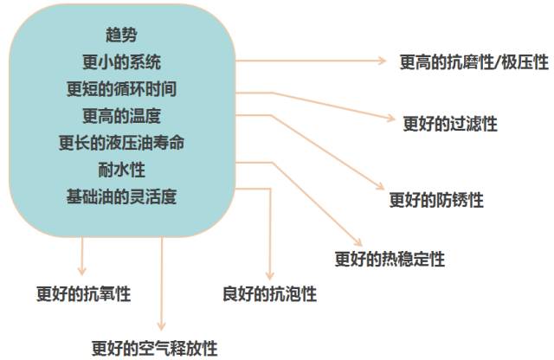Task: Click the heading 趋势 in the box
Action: (120, 35)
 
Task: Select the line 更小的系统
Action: (120, 62)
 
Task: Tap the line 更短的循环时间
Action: (120, 89)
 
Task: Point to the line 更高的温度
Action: (120, 116)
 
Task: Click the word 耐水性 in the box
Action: (120, 170)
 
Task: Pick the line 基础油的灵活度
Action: (120, 196)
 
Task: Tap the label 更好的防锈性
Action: (436, 200)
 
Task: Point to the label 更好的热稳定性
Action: (390, 259)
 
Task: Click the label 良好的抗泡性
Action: (269, 294)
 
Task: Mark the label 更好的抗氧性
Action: (83, 294)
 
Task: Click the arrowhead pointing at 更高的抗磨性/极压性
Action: (384, 61)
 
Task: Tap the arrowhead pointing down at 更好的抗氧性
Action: (83, 270)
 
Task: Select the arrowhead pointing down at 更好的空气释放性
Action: (161, 326)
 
